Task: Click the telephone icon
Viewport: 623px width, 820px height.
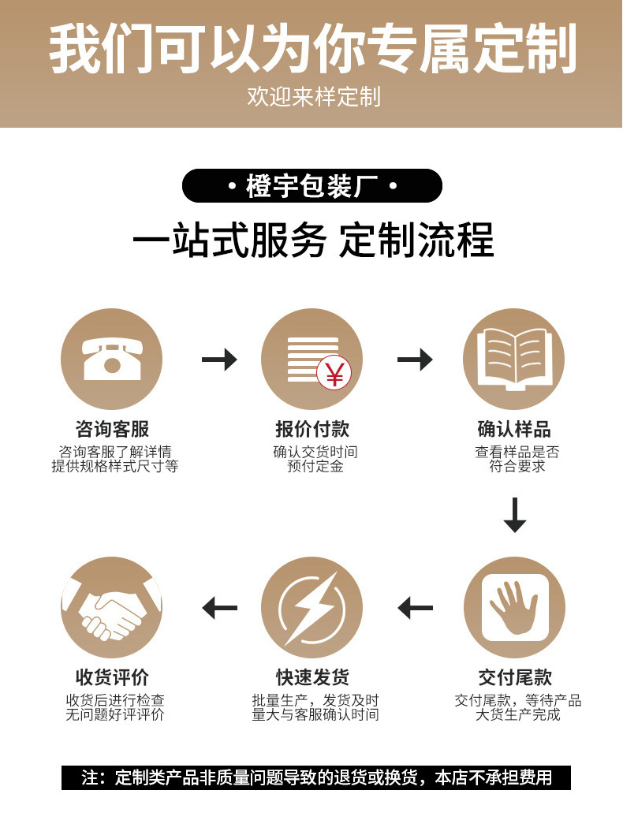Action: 111,359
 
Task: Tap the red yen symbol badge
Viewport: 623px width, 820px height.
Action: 334,374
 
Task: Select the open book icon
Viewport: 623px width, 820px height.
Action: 514,359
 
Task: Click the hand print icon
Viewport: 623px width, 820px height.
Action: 514,606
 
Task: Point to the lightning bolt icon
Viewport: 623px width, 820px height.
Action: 311,607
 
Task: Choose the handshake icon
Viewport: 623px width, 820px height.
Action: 111,607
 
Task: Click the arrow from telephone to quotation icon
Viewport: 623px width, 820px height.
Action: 219,360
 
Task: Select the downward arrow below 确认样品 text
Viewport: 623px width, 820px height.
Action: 515,514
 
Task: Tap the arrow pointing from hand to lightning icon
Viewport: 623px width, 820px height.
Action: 416,608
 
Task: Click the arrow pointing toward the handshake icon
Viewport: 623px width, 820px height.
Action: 219,608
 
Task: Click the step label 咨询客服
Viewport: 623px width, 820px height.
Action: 112,429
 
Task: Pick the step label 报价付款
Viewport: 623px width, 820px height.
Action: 311,429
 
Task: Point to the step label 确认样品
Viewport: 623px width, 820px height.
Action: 514,429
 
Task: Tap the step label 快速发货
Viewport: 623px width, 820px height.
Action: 312,677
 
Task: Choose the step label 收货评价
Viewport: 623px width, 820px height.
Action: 112,677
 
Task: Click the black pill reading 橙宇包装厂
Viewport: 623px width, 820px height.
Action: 311,187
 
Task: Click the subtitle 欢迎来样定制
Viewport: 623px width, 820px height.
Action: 313,97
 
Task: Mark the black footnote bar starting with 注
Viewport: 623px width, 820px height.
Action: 315,777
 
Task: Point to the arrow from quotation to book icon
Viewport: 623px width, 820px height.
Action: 415,360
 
